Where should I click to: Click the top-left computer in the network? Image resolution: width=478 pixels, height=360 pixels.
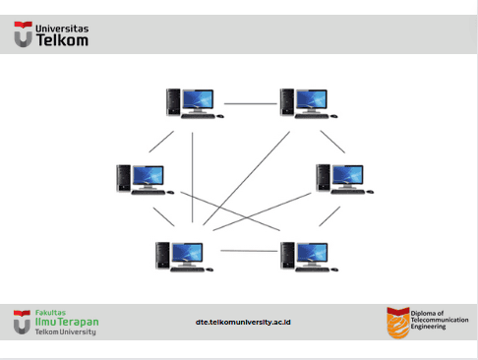195,103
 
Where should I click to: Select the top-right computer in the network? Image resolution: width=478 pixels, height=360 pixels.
309,103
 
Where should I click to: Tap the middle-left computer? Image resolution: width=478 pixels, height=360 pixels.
146,180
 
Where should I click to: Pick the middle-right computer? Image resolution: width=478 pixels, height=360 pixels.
344,179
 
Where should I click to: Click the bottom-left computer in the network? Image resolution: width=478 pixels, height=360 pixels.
184,257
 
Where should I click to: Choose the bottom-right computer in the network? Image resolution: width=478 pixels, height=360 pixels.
310,257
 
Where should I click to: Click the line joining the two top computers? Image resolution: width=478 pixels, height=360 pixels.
251,103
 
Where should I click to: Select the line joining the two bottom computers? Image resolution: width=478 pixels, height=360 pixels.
249,251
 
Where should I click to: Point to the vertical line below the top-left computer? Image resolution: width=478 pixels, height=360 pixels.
193,177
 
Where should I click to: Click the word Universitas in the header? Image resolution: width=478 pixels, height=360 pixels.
62,29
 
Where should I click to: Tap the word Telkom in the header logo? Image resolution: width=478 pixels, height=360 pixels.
62,40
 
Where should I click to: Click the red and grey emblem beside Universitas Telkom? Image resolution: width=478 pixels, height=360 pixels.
23,34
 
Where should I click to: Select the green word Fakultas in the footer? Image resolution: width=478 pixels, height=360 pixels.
50,313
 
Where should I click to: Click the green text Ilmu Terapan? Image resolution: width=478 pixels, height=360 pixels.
67,322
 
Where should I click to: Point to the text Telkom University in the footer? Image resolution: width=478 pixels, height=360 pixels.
66,331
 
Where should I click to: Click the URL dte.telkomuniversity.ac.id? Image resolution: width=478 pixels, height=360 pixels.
243,323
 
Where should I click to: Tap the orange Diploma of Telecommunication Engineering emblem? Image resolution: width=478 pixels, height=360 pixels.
398,323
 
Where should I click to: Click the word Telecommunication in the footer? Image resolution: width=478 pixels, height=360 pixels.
440,320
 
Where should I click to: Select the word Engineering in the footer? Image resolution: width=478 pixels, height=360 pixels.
428,327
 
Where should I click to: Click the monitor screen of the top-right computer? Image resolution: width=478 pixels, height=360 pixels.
312,99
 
